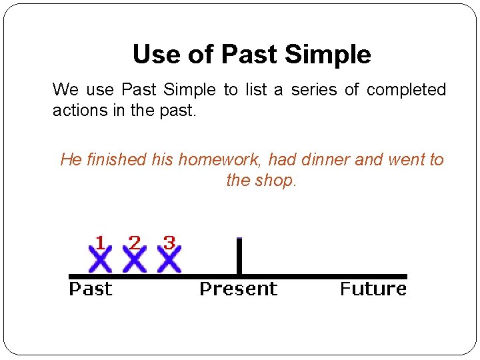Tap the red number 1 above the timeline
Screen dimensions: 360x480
(100, 243)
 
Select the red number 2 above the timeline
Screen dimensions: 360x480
(135, 243)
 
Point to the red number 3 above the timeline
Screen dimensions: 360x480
(169, 243)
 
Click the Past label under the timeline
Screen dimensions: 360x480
(91, 289)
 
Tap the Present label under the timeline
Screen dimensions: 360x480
(238, 289)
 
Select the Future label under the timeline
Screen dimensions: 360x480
(373, 289)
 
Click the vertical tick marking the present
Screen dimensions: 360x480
(239, 257)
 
